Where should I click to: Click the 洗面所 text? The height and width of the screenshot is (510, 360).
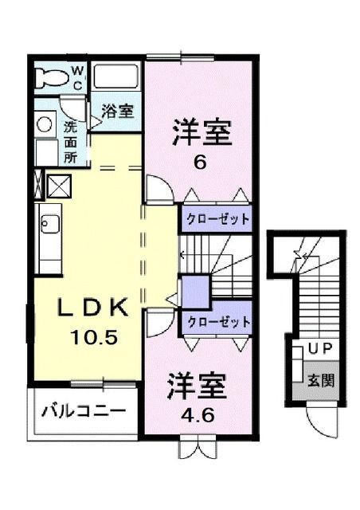click(x=70, y=142)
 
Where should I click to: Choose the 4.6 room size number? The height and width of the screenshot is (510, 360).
click(x=196, y=415)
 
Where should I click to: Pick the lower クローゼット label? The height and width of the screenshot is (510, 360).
click(x=218, y=323)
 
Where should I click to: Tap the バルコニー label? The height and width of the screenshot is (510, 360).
click(x=83, y=412)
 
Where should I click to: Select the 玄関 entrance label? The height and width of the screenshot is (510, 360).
click(x=321, y=379)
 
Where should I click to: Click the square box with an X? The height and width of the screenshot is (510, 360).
click(x=60, y=186)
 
